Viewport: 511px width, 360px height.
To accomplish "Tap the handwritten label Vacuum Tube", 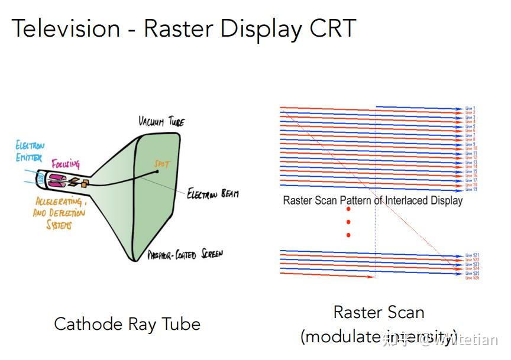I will point(161,121).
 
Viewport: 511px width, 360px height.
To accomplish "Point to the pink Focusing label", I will point(65,163).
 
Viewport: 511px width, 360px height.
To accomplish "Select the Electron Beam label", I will point(212,193).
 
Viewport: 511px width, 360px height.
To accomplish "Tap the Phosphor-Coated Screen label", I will point(185,255).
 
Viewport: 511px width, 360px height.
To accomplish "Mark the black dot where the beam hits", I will point(157,172).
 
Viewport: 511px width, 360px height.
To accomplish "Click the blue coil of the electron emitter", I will point(41,179).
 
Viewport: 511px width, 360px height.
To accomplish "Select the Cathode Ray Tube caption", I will point(127,324).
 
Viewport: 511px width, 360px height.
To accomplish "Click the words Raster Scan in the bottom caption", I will point(379,312).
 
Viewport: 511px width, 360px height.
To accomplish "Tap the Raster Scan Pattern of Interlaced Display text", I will point(373,200).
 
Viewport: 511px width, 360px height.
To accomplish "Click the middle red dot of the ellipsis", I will point(349,222).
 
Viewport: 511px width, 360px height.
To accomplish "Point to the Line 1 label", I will point(470,109).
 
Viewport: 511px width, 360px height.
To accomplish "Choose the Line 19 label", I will point(470,189).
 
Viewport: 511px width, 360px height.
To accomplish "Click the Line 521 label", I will point(471,255).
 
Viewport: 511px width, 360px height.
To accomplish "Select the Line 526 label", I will point(471,278).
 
